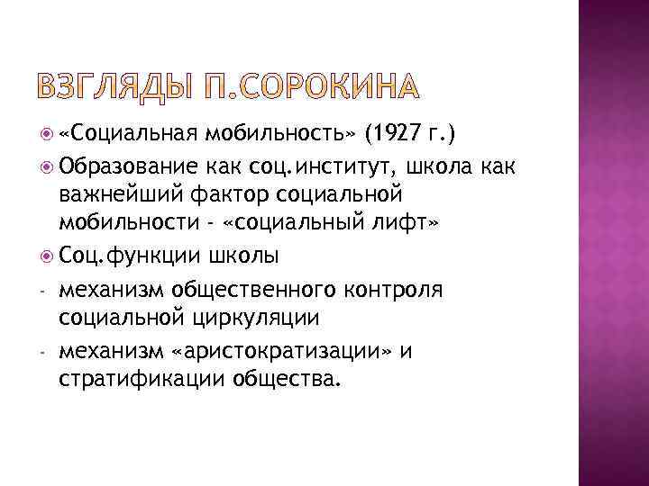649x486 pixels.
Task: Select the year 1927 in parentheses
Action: pos(393,135)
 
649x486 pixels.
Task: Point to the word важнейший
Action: pos(116,194)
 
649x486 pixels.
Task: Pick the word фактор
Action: pos(225,194)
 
